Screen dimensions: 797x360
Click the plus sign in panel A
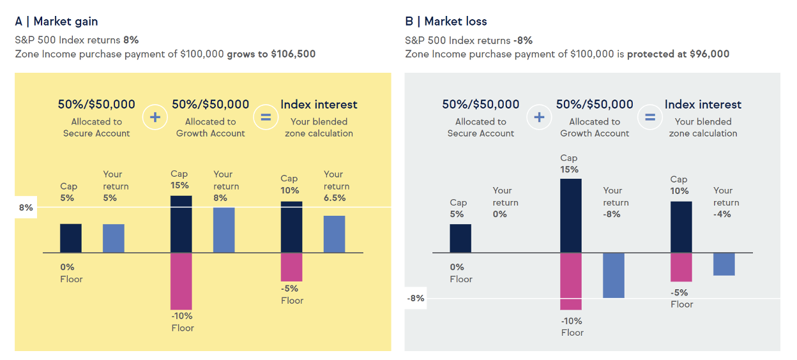[155, 117]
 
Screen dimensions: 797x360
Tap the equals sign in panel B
[649, 117]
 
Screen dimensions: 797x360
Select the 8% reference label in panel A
[26, 207]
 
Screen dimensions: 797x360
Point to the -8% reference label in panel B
[416, 298]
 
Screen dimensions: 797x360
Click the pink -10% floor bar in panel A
[181, 281]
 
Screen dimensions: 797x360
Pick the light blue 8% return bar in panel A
[224, 230]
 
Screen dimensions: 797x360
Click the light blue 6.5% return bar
[334, 234]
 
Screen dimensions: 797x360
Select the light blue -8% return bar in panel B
[614, 275]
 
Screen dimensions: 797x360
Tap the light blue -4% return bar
[724, 264]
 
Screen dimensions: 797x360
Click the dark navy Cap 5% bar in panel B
[460, 238]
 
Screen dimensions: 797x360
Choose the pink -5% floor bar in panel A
[291, 267]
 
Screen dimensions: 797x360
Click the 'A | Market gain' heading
[56, 21]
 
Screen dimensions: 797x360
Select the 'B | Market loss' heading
[446, 21]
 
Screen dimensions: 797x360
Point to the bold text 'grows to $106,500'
[271, 54]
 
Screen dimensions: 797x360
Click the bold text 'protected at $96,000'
[678, 54]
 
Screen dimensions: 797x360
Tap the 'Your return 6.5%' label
[337, 186]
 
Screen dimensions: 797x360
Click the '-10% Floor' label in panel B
[572, 327]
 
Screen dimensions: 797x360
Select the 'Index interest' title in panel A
[319, 104]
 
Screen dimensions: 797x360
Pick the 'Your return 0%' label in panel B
[505, 202]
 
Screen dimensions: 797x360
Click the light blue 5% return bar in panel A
[114, 238]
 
